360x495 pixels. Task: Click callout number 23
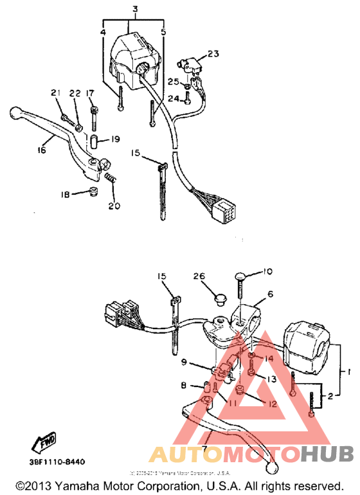pyautogui.click(x=213, y=53)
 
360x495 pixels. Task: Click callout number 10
pyautogui.click(x=267, y=271)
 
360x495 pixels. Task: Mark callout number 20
pyautogui.click(x=114, y=206)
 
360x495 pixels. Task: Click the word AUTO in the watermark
pyautogui.click(x=181, y=455)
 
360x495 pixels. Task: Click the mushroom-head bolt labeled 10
pyautogui.click(x=239, y=277)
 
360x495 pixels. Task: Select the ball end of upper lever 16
pyautogui.click(x=16, y=114)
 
